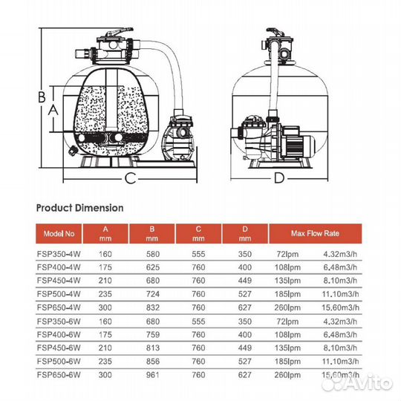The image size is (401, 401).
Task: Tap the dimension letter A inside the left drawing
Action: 52,108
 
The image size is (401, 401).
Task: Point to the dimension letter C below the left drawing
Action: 129,177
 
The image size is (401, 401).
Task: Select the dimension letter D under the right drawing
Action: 279,177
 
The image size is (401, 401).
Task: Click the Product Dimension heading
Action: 79,208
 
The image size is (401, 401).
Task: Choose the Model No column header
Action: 59,233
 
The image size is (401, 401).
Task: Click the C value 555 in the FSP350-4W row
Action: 198,254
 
